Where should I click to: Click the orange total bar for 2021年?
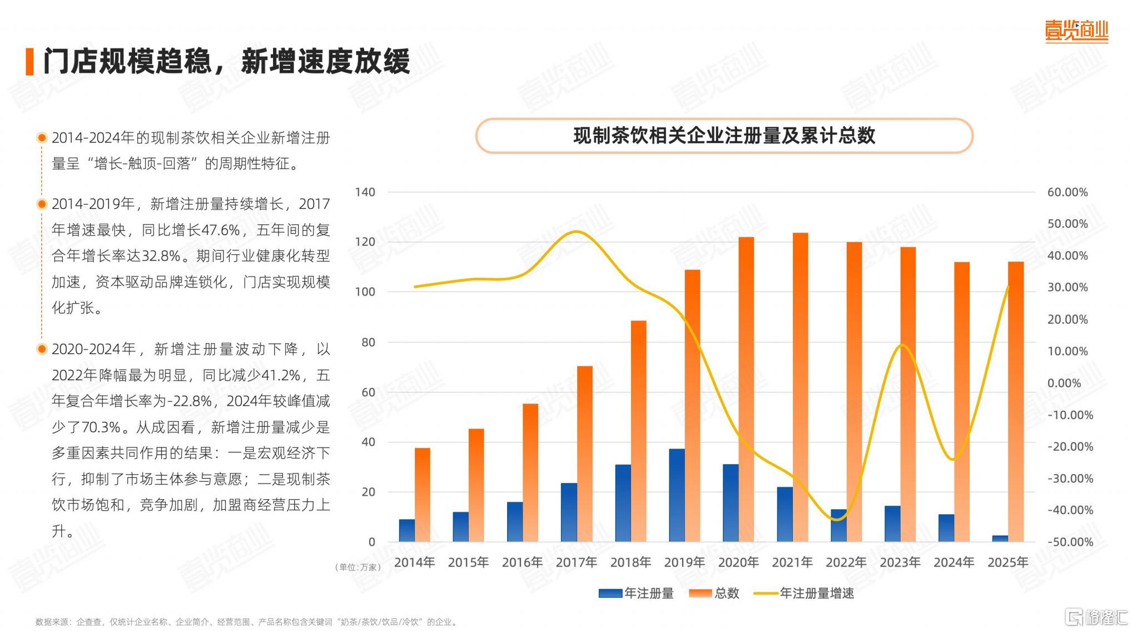tap(800, 390)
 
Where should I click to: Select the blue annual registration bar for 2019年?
tap(677, 495)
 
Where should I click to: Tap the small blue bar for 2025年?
tap(1000, 538)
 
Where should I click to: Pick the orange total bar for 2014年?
tap(422, 495)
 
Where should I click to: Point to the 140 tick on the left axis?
tap(365, 192)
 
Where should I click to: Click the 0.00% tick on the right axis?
tap(1064, 383)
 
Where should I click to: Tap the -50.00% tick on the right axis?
tap(1070, 541)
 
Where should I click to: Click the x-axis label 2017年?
tap(576, 562)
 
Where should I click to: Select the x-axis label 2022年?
tap(846, 562)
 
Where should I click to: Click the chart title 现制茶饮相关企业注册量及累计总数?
tap(724, 136)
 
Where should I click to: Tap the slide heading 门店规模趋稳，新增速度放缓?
tap(226, 61)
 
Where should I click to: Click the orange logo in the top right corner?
tap(1076, 31)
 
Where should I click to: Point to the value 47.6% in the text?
tap(220, 230)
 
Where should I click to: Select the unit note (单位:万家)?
tap(358, 567)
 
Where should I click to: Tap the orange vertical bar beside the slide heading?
tap(29, 61)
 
